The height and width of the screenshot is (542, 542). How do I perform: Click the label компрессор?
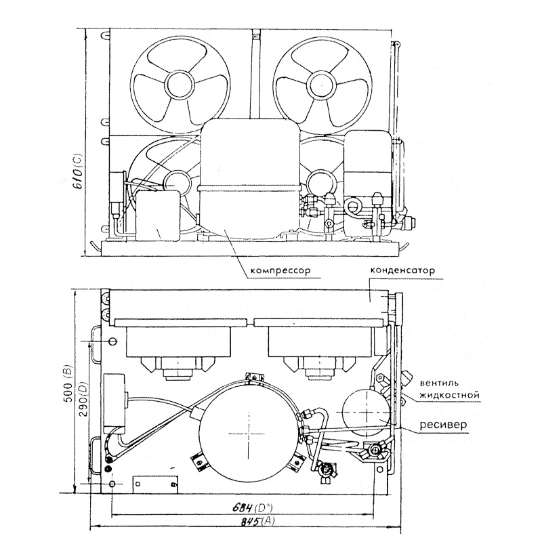pos(280,270)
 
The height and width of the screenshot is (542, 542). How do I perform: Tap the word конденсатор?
pos(402,270)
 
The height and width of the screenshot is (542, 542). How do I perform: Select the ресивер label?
pos(443,424)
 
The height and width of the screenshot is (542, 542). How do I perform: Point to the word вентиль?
pos(439,383)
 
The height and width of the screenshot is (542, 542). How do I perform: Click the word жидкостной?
pos(449,395)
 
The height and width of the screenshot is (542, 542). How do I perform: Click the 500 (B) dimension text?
pos(68,383)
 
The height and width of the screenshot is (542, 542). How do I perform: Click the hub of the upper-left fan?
pos(180,85)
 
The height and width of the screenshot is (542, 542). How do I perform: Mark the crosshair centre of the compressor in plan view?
pos(249,434)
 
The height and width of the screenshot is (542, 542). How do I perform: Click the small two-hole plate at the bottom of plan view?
pos(156,484)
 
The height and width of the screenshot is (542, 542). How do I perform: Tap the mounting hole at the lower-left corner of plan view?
pos(112,484)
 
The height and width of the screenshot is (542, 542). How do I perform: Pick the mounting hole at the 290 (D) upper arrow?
pos(112,341)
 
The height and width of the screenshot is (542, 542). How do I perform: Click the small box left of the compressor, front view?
pos(159,215)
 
